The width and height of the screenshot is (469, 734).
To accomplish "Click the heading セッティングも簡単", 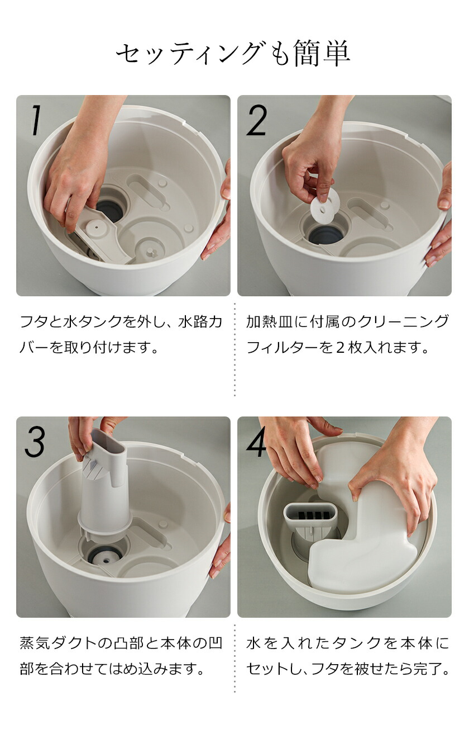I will pyautogui.click(x=233, y=54).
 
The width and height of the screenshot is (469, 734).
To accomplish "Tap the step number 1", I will pyautogui.click(x=36, y=121).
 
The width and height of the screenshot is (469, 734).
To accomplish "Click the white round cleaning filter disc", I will pyautogui.click(x=326, y=201).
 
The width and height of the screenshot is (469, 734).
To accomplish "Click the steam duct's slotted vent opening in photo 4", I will pyautogui.click(x=311, y=514).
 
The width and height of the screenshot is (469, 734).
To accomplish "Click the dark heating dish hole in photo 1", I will pyautogui.click(x=110, y=209).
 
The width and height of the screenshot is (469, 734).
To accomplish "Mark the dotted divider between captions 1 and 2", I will pyautogui.click(x=234, y=349).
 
